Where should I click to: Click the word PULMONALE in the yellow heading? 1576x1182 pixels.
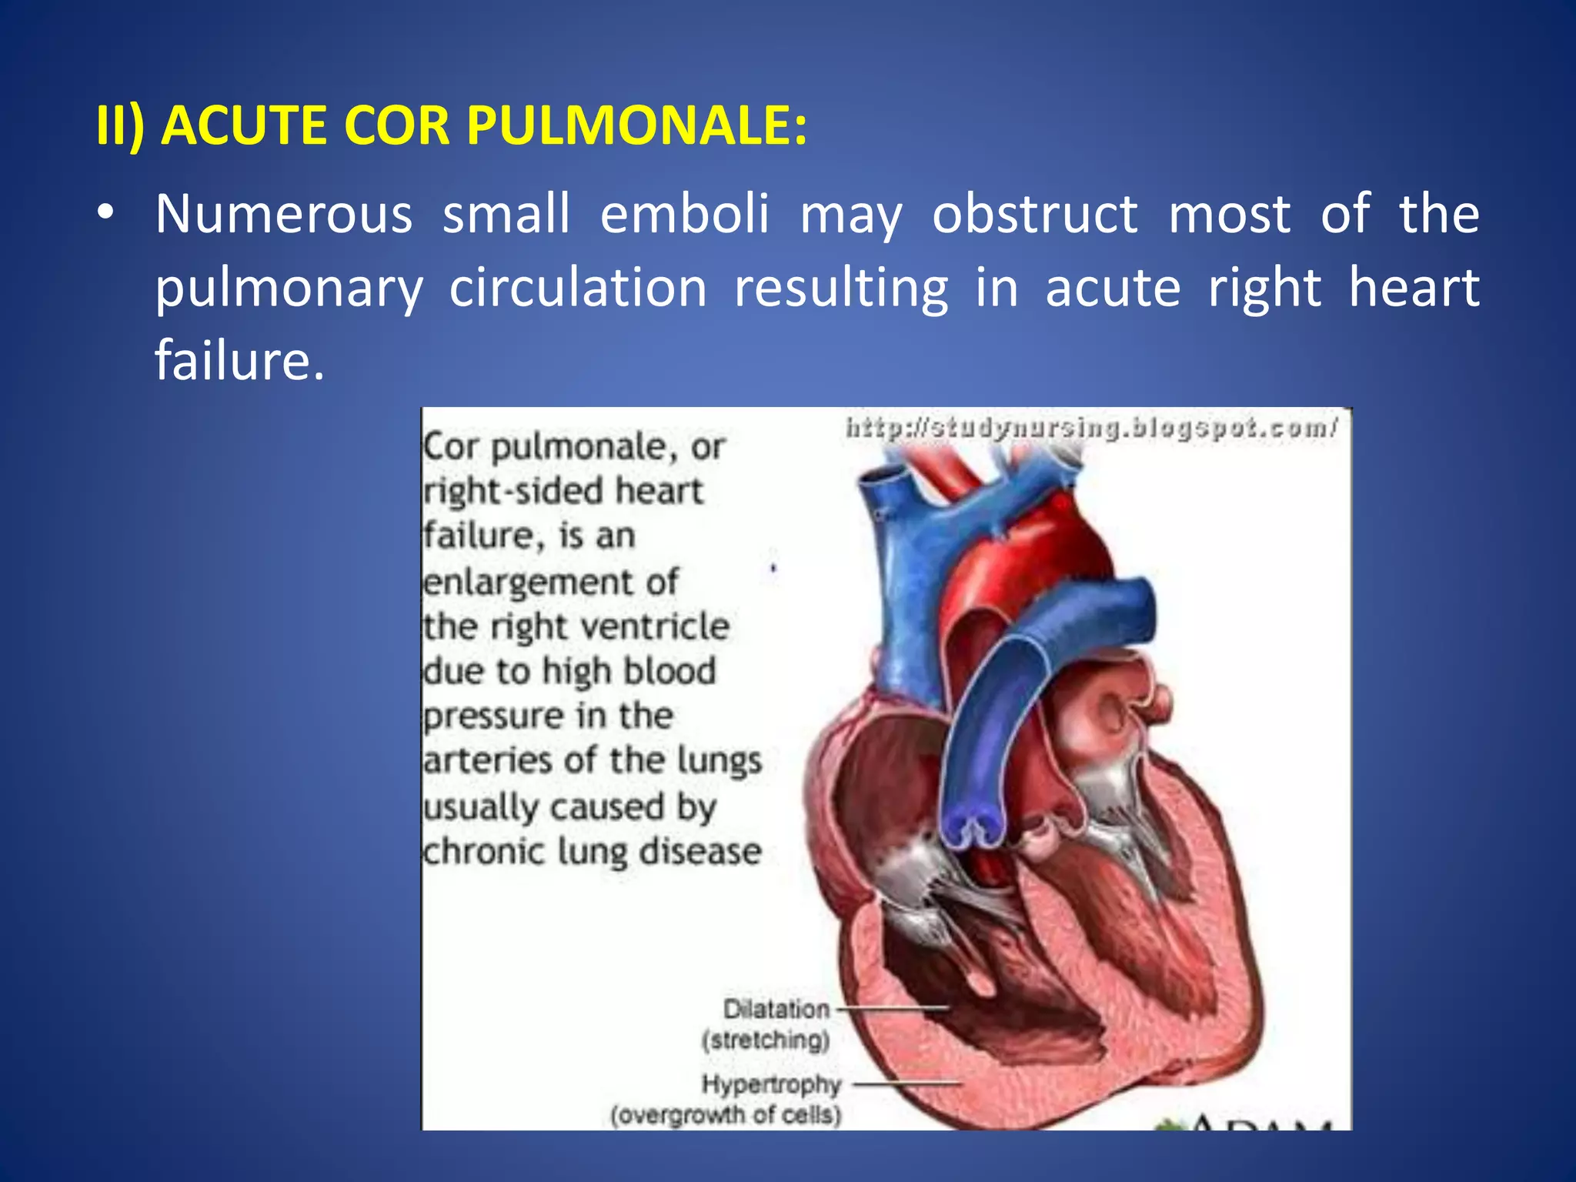point(636,125)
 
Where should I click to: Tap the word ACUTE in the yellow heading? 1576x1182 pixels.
point(240,125)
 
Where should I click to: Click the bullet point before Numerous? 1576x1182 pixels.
point(106,213)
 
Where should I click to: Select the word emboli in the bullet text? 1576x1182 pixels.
point(684,213)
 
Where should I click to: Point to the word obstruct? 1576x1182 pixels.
point(1034,213)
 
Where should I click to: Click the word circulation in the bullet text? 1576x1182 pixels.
point(578,288)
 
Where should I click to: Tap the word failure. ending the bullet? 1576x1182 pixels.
point(239,360)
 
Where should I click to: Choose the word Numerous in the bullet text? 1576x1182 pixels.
point(284,213)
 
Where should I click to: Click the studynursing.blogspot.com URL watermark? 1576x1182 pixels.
point(1092,427)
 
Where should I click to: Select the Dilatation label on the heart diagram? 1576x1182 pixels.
point(776,1009)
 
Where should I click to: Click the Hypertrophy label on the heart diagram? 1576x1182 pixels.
point(771,1084)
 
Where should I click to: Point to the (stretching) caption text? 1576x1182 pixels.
point(766,1040)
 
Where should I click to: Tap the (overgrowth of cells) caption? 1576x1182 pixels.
point(726,1114)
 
